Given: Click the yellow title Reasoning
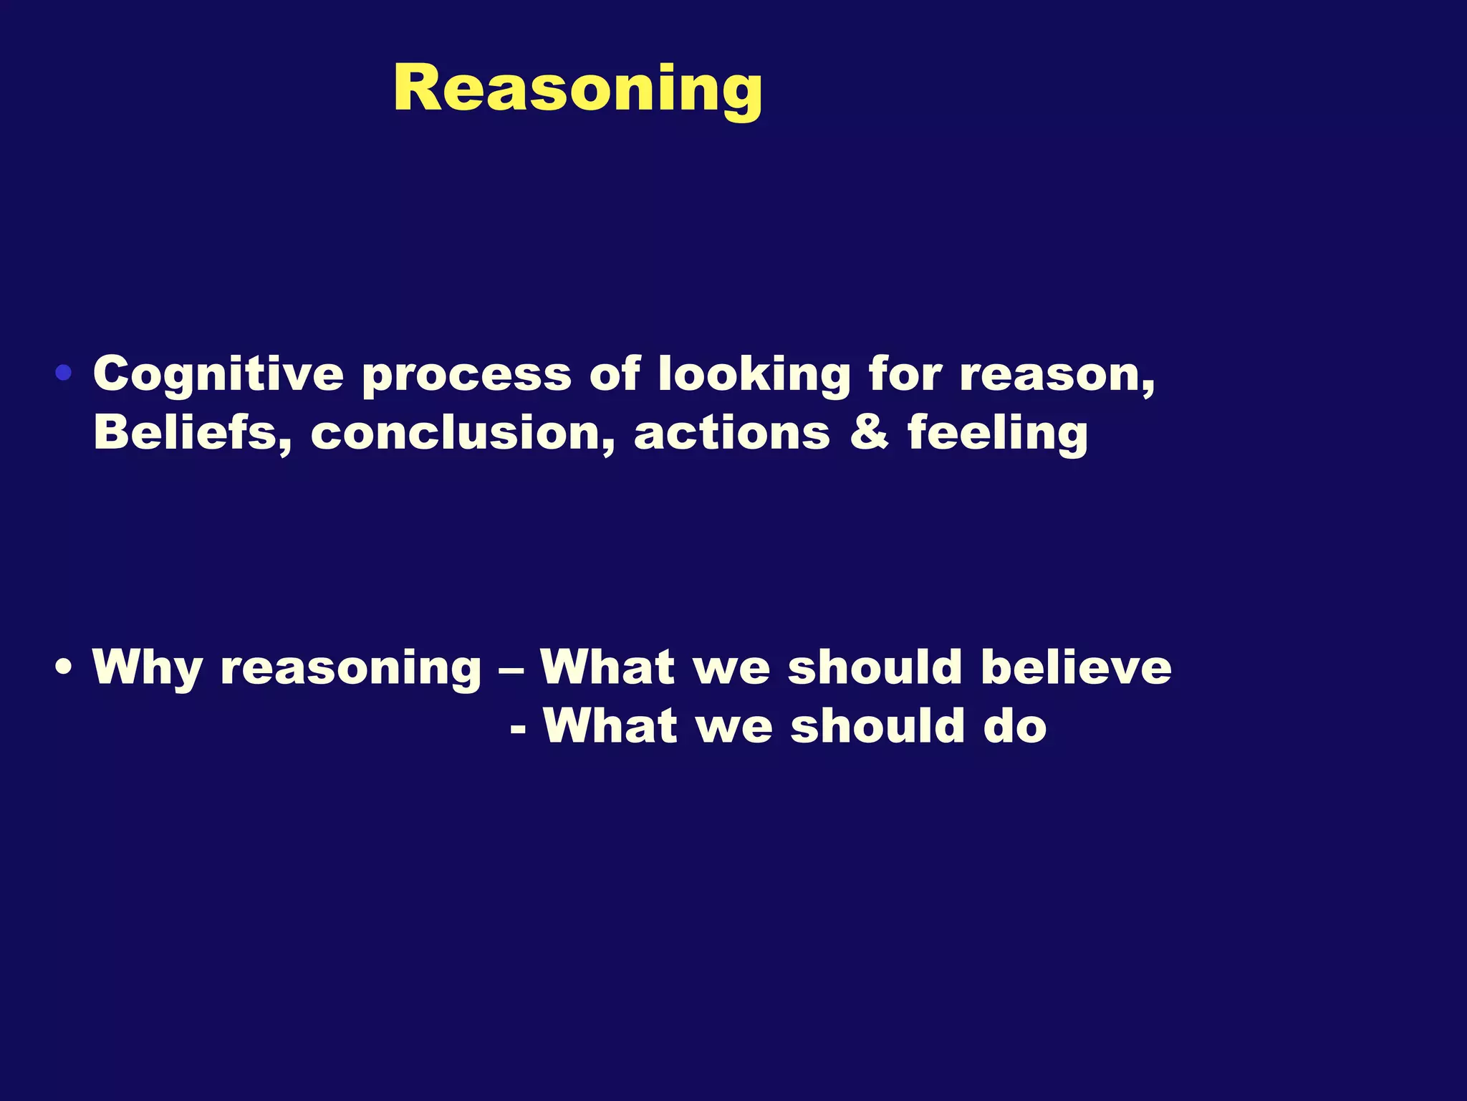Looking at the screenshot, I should tap(577, 89).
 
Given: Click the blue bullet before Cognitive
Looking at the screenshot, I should tap(64, 373).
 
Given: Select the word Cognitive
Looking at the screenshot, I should tap(218, 376).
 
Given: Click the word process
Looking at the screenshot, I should tap(466, 376).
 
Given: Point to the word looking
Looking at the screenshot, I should tap(754, 376).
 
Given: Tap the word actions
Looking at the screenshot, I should tap(732, 434).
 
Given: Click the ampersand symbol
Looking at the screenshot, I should tap(869, 433).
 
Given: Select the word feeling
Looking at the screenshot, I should tap(998, 434).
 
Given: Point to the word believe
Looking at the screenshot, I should tap(1077, 667).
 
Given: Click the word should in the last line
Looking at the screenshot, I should tap(877, 726).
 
